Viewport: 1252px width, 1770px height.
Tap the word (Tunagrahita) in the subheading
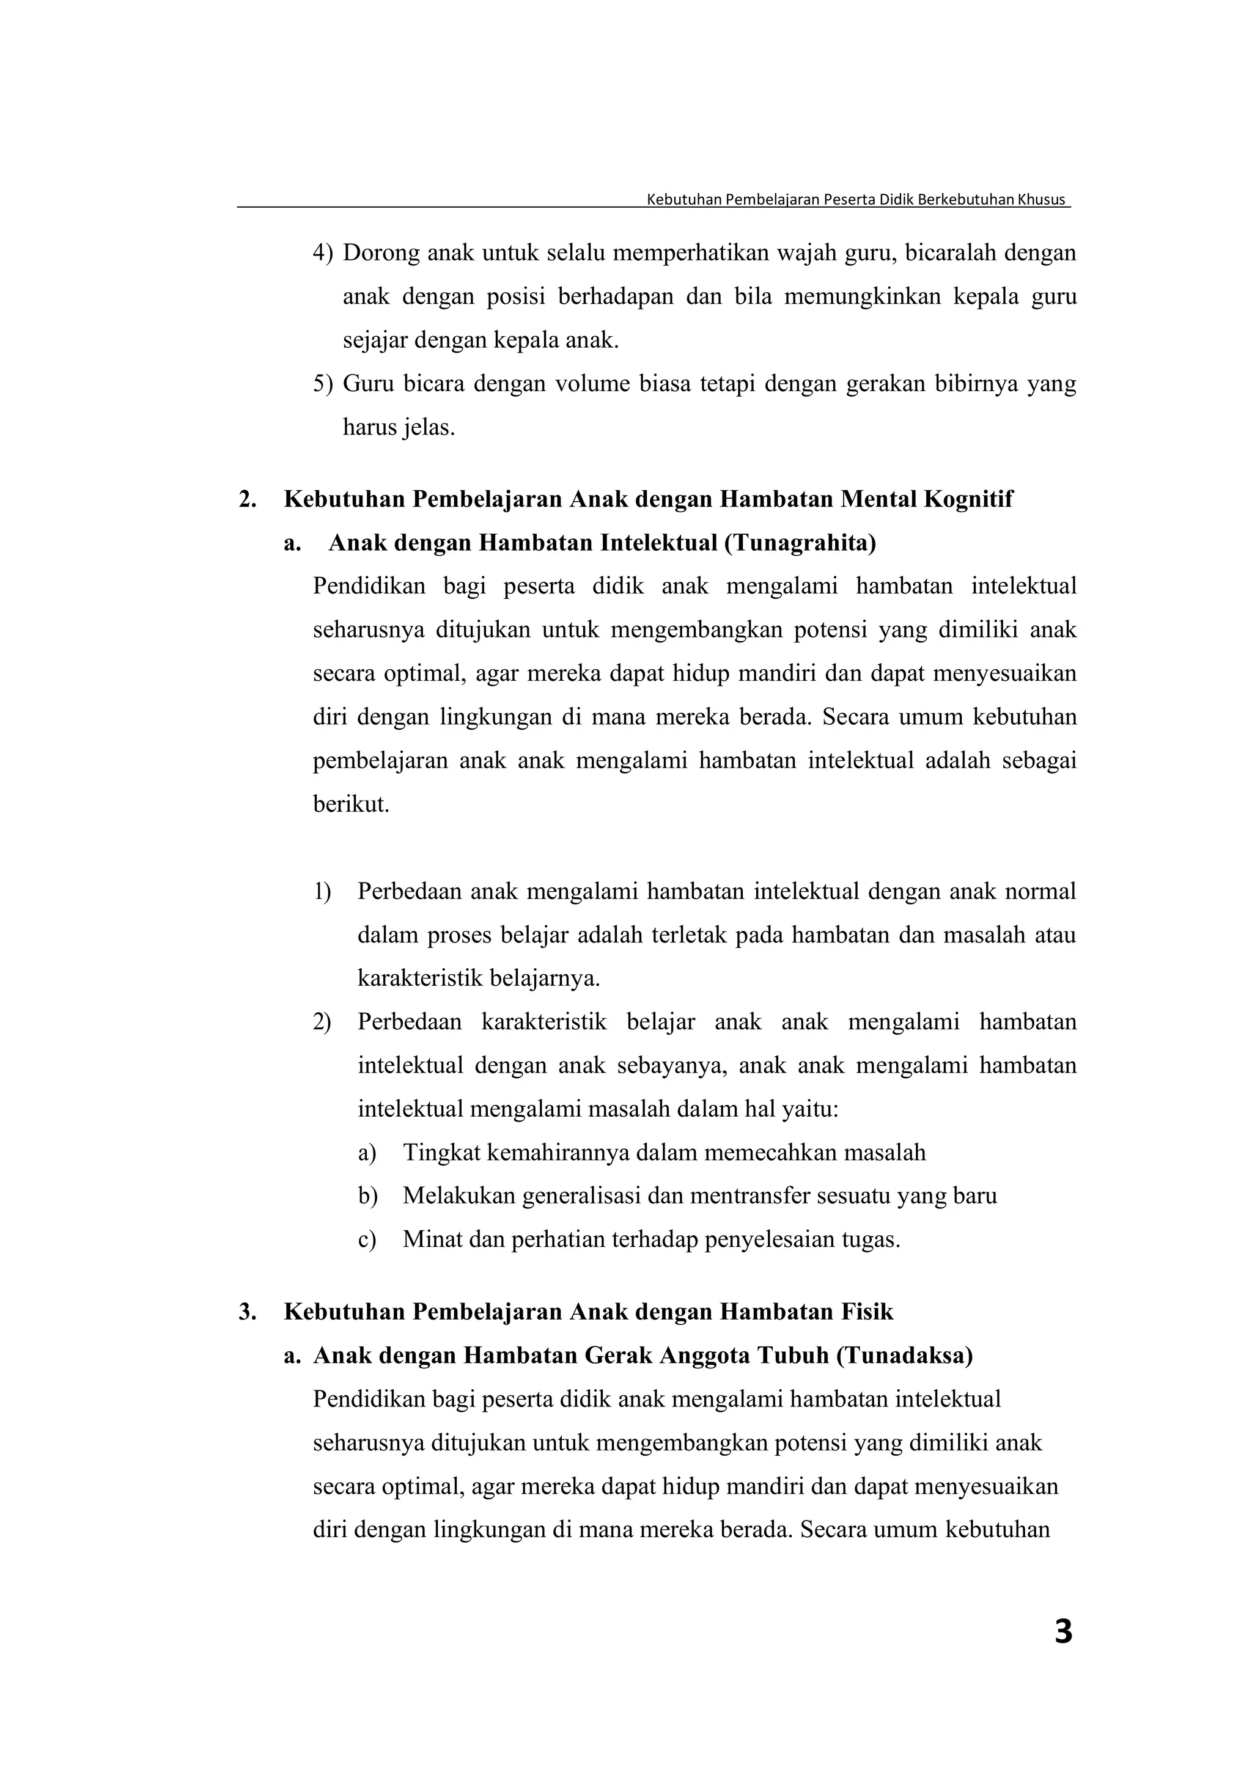click(x=800, y=543)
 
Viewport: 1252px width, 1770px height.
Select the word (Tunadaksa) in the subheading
click(x=904, y=1355)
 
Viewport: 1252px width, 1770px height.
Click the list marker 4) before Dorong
click(x=322, y=253)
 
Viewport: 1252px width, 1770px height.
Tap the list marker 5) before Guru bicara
click(x=322, y=383)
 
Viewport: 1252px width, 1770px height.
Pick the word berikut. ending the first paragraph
click(x=351, y=805)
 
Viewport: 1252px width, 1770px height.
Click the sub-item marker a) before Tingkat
click(x=367, y=1153)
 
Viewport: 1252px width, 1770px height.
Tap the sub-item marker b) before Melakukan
click(x=367, y=1197)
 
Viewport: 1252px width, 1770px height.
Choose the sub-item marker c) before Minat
click(x=367, y=1239)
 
